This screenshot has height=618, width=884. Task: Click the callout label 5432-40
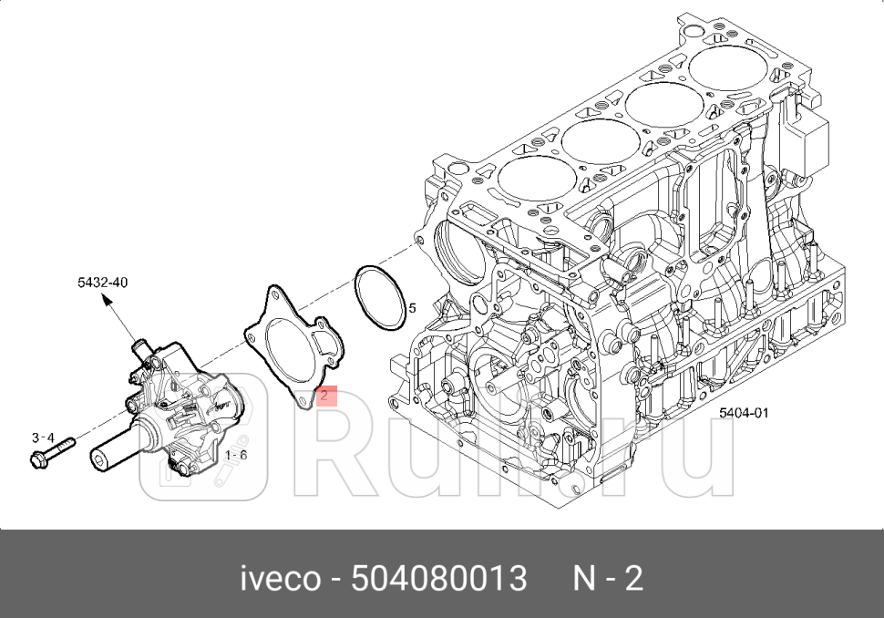coord(102,283)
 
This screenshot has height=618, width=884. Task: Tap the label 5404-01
coord(744,412)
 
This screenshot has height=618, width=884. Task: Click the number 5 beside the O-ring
coord(412,308)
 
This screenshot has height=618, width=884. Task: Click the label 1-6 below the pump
coord(235,453)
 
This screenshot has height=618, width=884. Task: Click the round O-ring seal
coord(380,299)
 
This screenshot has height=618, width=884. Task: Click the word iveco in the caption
coord(279,578)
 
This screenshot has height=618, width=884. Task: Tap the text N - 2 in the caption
coord(608,578)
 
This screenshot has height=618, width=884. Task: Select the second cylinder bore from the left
coord(599,139)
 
